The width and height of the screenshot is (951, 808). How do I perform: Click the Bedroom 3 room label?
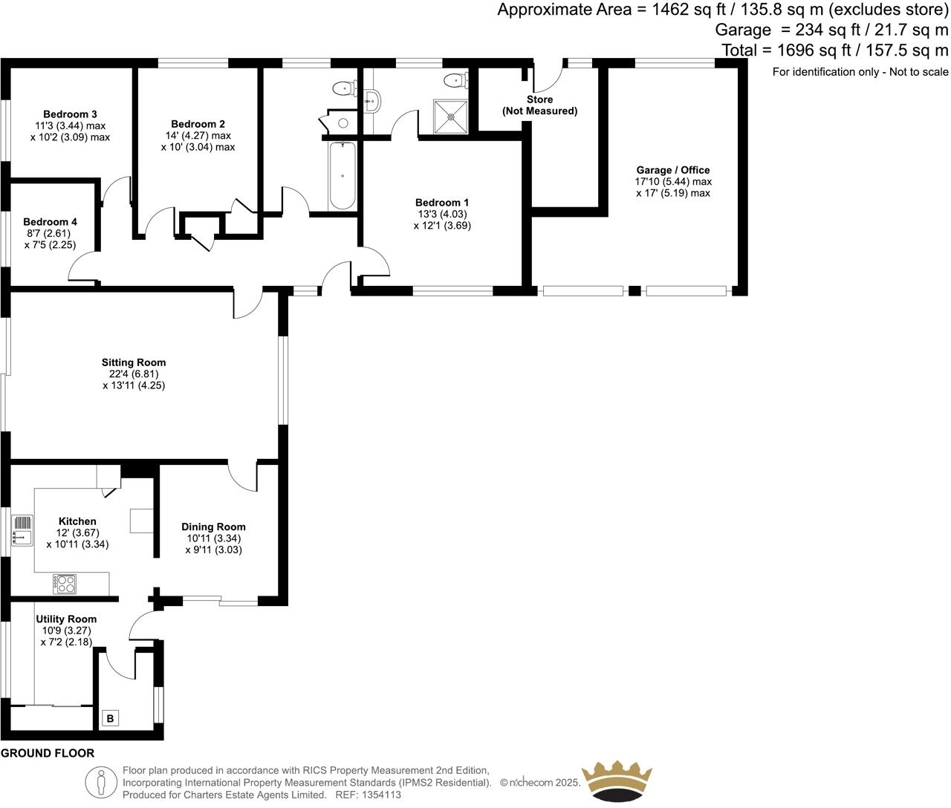pyautogui.click(x=70, y=114)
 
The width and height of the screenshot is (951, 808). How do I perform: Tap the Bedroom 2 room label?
pyautogui.click(x=198, y=124)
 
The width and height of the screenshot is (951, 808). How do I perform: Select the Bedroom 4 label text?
pyautogui.click(x=50, y=222)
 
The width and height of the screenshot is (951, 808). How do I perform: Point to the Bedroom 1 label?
pyautogui.click(x=442, y=203)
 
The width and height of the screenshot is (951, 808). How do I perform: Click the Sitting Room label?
pyautogui.click(x=134, y=363)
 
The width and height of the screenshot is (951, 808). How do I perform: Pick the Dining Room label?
pyautogui.click(x=213, y=527)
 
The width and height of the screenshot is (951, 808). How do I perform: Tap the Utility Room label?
pyautogui.click(x=66, y=619)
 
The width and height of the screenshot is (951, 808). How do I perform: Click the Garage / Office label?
pyautogui.click(x=672, y=170)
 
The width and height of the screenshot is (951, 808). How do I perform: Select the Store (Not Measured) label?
pyautogui.click(x=539, y=105)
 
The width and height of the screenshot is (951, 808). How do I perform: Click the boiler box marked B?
pyautogui.click(x=110, y=718)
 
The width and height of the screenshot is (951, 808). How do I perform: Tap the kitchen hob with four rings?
pyautogui.click(x=65, y=584)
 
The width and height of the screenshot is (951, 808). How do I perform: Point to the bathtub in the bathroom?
pyautogui.click(x=342, y=176)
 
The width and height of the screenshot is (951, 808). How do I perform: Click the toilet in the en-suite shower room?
pyautogui.click(x=455, y=79)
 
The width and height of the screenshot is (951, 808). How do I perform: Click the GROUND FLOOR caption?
pyautogui.click(x=48, y=753)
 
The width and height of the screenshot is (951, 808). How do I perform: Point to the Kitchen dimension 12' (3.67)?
pyautogui.click(x=77, y=532)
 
